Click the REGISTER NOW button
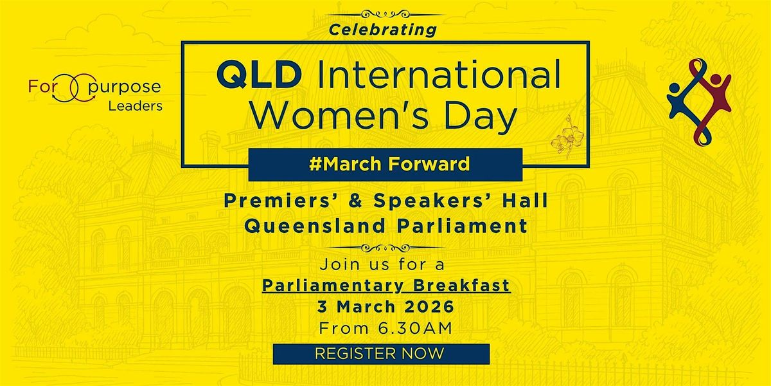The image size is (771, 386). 381,353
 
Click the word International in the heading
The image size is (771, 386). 432,76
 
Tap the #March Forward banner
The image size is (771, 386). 385,164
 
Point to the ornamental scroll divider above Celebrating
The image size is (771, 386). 385,13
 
